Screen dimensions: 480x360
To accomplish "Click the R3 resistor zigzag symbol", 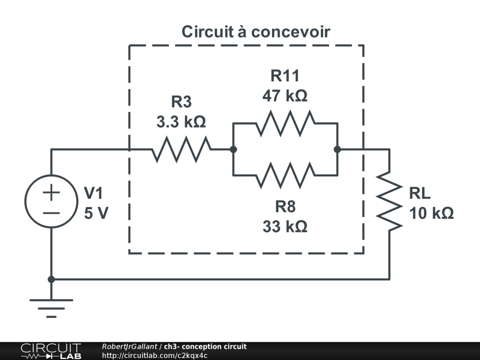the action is (x=181, y=150).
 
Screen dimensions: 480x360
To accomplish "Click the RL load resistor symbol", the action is (x=390, y=201).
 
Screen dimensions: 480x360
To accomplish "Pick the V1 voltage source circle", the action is (x=52, y=201).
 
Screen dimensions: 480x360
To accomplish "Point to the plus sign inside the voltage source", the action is (x=52, y=193).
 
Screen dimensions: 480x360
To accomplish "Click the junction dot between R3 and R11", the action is (x=233, y=150).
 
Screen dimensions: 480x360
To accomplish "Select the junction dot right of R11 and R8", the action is (x=337, y=150).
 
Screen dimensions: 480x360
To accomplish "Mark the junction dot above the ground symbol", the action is (x=52, y=279).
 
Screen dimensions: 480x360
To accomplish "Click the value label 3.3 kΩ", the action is (x=181, y=122).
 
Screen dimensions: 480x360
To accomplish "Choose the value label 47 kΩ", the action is (x=285, y=96).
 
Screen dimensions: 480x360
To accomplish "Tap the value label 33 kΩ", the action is (x=285, y=227).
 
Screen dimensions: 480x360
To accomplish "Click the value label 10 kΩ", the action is (x=432, y=213).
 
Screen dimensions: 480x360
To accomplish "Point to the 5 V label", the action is (x=96, y=213).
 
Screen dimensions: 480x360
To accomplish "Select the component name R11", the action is (x=285, y=75).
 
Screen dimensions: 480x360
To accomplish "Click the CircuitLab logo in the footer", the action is (x=51, y=351).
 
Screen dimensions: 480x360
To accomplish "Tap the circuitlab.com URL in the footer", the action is (x=155, y=355).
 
